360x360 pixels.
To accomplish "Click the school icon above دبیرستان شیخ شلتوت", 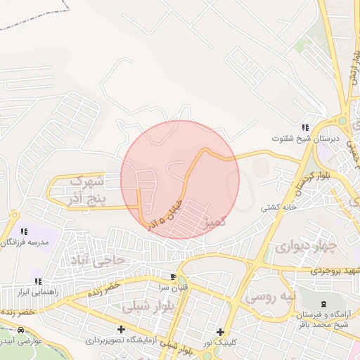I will (x=305, y=127).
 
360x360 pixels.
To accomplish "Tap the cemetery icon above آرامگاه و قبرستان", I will (x=323, y=303).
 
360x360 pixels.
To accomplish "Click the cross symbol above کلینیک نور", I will (x=220, y=332).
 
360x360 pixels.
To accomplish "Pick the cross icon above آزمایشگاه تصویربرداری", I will (x=122, y=329).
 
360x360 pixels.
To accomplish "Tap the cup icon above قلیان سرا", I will (x=173, y=276).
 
